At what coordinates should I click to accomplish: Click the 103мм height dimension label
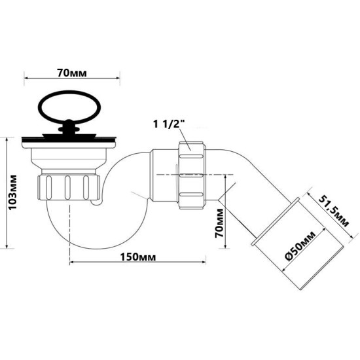click(12, 192)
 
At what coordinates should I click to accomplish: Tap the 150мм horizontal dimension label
click(138, 257)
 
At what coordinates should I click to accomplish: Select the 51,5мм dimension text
click(334, 211)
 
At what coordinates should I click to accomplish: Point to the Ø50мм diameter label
click(300, 245)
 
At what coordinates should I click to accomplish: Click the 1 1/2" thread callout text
click(170, 124)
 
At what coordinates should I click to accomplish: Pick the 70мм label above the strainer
click(72, 73)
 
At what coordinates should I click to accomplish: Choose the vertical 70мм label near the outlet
click(219, 223)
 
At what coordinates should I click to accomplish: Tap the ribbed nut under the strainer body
click(69, 187)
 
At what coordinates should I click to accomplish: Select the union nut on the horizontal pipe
click(191, 175)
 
